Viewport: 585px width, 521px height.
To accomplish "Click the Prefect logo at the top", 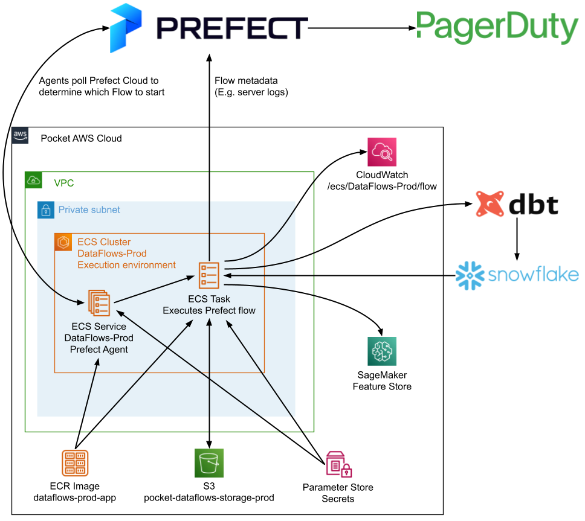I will pos(208,28).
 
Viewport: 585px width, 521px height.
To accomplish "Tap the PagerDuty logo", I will pos(497,27).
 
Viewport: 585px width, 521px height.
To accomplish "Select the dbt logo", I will pos(517,204).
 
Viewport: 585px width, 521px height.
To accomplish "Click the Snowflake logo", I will pos(517,275).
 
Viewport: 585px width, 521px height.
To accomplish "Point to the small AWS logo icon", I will pos(20,135).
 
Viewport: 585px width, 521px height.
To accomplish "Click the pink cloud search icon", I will pos(382,152).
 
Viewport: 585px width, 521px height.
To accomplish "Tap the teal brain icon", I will pos(382,351).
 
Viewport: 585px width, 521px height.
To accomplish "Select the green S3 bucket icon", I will pos(209,463).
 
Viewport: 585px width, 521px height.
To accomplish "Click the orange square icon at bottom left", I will pos(76,463).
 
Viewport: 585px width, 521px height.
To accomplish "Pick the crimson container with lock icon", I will pos(338,464).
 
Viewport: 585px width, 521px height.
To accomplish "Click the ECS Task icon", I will pos(209,275).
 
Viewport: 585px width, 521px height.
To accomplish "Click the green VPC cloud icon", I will pos(33,180).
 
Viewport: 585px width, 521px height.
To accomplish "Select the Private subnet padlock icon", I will pos(45,210).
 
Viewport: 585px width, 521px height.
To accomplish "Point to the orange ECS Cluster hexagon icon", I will pos(63,242).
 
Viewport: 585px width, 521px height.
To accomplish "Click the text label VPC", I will pos(63,183).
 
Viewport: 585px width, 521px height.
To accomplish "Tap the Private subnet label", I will pos(89,210).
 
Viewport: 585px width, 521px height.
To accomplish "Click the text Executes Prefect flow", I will pos(209,311).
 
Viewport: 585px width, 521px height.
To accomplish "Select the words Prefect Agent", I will pos(99,350).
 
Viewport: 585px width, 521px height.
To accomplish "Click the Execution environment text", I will pos(126,265).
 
